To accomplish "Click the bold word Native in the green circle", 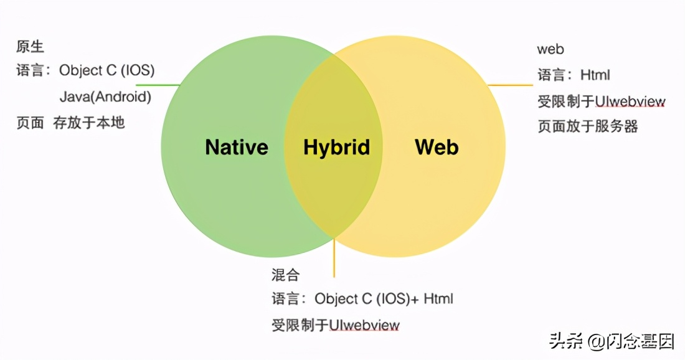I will click(237, 147).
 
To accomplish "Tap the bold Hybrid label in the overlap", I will click(336, 147).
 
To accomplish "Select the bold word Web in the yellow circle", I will click(437, 147).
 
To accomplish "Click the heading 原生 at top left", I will click(31, 47).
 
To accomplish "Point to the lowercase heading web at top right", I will click(550, 49).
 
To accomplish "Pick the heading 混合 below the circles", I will click(285, 274).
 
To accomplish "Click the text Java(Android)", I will click(105, 97).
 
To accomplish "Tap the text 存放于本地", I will click(89, 123).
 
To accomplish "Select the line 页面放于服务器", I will click(588, 126).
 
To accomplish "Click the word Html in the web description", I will click(595, 75).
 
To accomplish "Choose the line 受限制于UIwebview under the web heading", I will click(602, 102).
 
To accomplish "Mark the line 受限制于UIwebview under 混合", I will click(336, 325).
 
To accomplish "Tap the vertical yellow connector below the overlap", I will click(334, 257).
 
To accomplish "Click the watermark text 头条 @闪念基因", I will click(612, 341).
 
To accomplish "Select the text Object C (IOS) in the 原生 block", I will click(107, 70).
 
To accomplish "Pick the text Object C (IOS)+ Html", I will click(384, 299).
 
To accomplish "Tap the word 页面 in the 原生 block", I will click(30, 123).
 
